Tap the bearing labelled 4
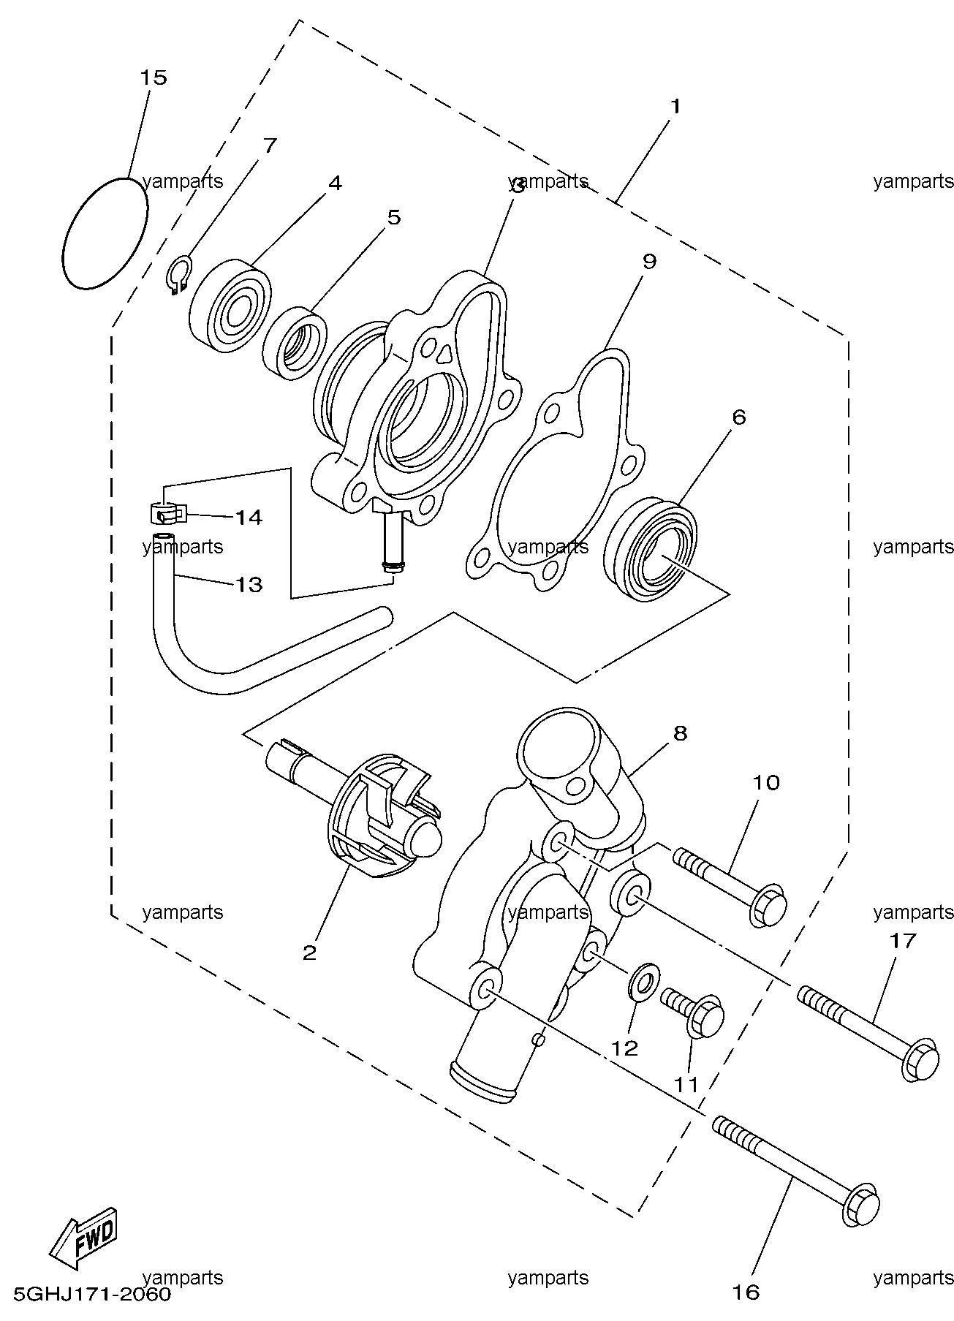pos(230,301)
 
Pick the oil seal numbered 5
pos(296,344)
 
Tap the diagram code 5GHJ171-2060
pos(87,1294)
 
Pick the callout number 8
pos(680,733)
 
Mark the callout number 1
pos(675,107)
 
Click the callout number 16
pos(746,1292)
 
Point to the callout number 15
pos(154,77)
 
